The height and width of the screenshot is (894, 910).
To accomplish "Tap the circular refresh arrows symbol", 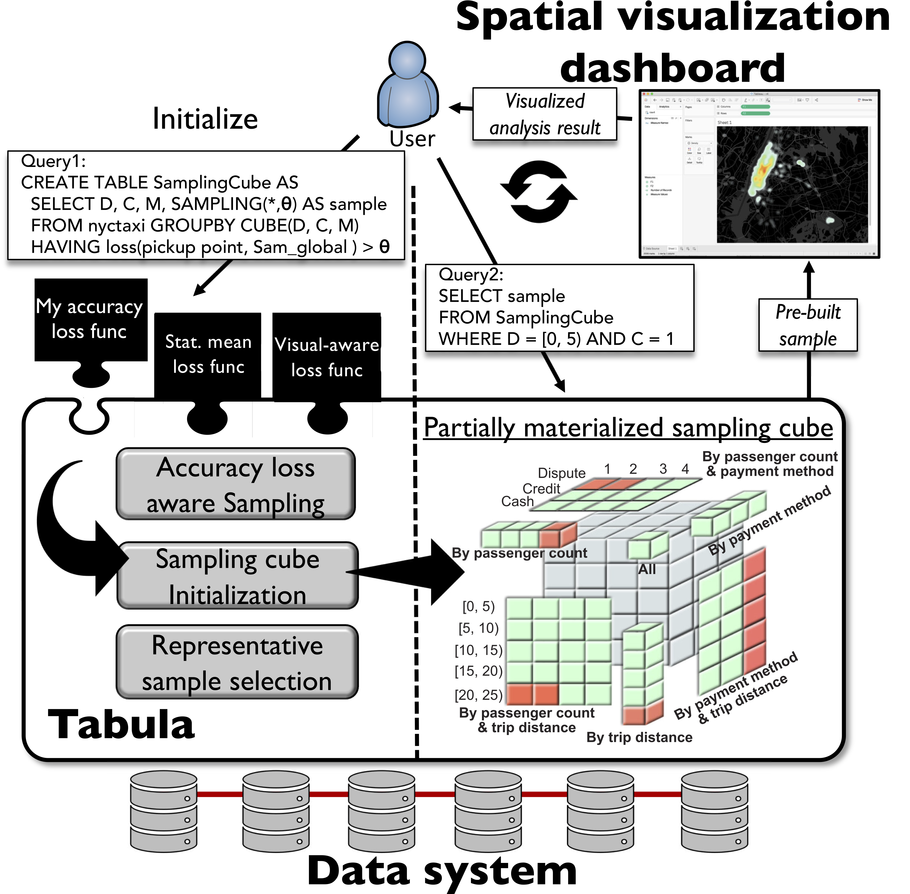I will (539, 191).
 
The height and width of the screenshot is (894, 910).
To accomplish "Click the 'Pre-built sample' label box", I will (808, 325).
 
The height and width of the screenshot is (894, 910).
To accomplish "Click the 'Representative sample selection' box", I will (237, 662).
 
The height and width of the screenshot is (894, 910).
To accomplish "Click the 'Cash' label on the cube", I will (517, 501).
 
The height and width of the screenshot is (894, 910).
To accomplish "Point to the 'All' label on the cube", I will (646, 569).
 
